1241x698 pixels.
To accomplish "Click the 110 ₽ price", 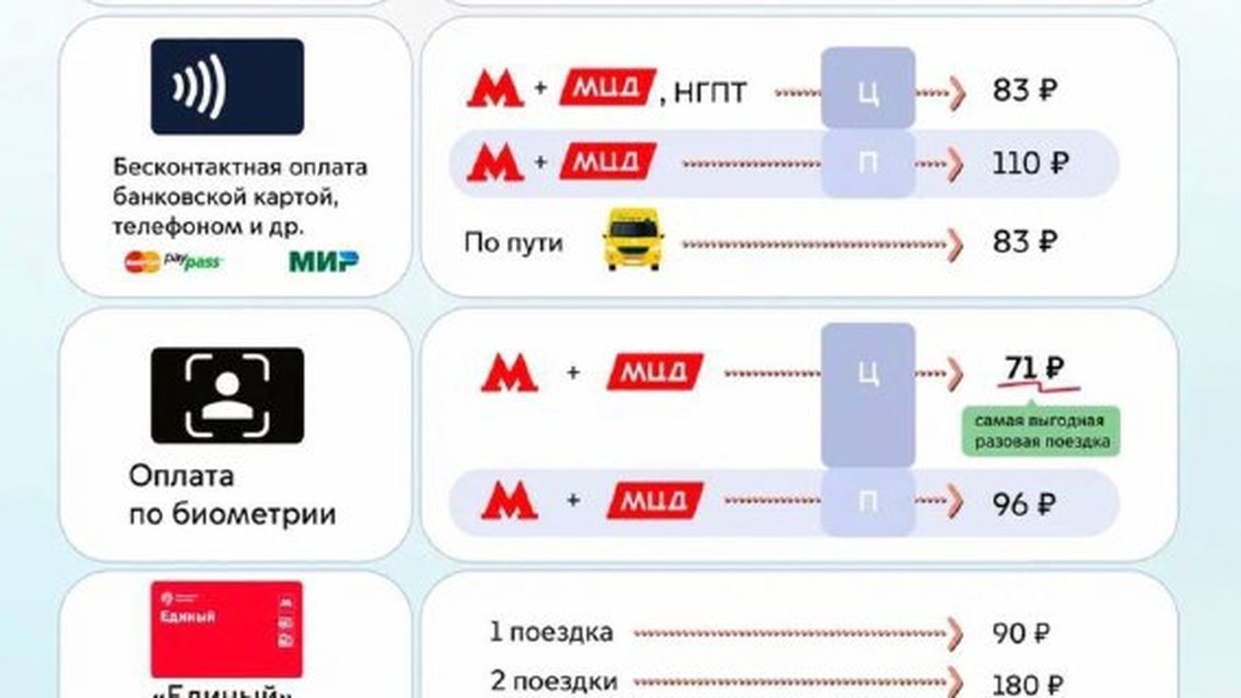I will click(1030, 164).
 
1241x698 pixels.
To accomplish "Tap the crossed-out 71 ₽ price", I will click(1034, 369).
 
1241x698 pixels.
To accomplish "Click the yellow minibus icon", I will click(633, 238).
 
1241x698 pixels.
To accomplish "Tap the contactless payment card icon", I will click(227, 86).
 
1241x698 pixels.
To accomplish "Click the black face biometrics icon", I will click(227, 396).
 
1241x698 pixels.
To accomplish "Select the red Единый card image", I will click(226, 628).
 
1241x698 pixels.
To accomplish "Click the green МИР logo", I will click(324, 261).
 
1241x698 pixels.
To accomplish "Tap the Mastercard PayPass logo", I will click(172, 262).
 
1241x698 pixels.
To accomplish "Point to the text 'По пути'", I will click(513, 241).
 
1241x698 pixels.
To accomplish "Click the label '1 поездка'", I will click(552, 633).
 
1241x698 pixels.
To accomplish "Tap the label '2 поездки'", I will click(554, 682).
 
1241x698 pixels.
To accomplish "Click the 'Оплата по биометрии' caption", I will click(232, 495).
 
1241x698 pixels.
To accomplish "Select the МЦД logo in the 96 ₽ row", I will click(655, 500).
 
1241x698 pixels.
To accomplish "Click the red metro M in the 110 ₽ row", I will click(495, 162).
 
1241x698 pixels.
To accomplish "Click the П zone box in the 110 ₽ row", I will click(868, 164).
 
